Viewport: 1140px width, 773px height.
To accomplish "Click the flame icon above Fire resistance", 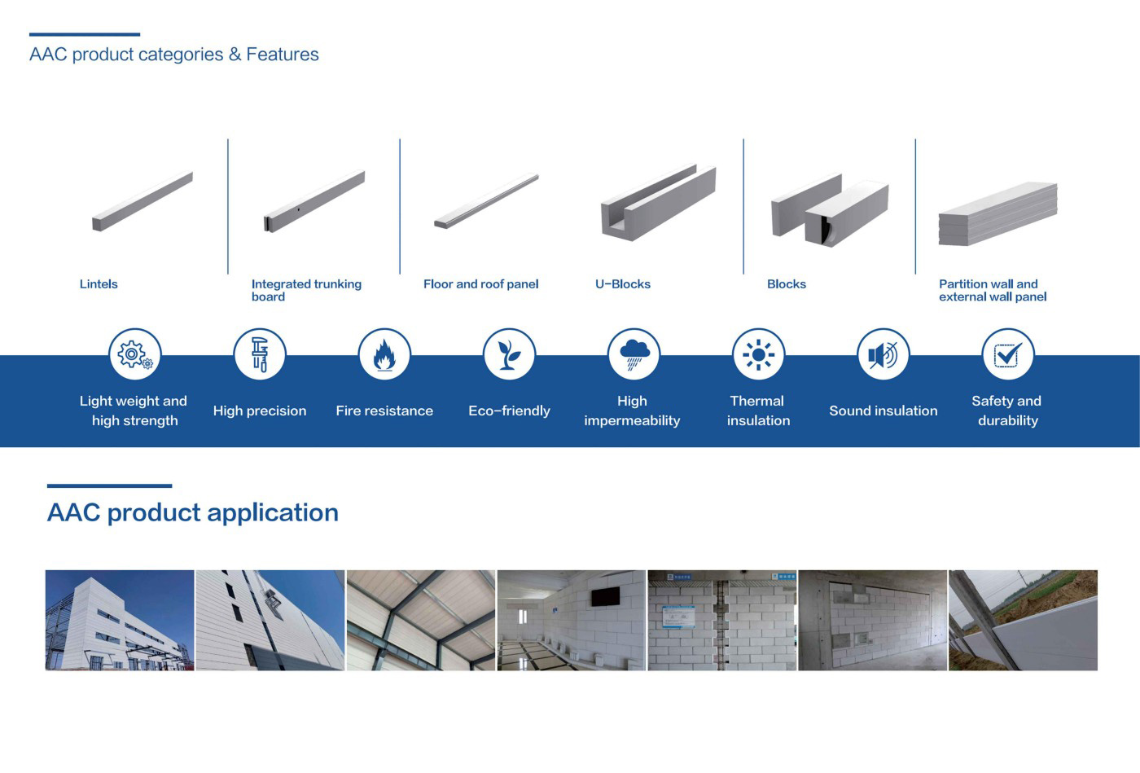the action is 384,354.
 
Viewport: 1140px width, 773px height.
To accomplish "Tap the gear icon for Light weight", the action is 134,354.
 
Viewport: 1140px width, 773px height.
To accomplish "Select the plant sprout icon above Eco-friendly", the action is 509,354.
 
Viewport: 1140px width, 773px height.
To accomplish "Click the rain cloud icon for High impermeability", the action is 634,354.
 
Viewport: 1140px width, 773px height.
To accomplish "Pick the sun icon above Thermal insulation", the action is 758,354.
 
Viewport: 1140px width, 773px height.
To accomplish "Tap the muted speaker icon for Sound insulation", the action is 883,354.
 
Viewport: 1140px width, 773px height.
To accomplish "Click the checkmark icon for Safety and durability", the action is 1008,354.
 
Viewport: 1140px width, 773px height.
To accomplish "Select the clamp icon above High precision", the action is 260,354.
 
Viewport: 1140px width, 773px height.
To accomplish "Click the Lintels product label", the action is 99,284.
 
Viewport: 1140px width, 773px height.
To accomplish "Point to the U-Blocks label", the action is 623,284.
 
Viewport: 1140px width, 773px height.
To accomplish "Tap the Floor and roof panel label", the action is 481,284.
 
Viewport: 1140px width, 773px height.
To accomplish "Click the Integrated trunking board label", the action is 306,290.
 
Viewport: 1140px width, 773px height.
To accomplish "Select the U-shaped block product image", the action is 659,203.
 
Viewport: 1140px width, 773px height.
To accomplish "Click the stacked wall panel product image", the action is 998,214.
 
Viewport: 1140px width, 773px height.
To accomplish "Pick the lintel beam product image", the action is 142,201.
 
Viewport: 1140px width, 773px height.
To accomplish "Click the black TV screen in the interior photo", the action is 605,595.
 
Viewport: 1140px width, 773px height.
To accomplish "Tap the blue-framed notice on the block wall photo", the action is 679,616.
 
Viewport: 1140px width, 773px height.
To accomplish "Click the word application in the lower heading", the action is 273,513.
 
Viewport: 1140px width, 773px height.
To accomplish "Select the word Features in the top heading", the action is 283,54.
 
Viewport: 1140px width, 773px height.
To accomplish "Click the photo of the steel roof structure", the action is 421,620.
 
